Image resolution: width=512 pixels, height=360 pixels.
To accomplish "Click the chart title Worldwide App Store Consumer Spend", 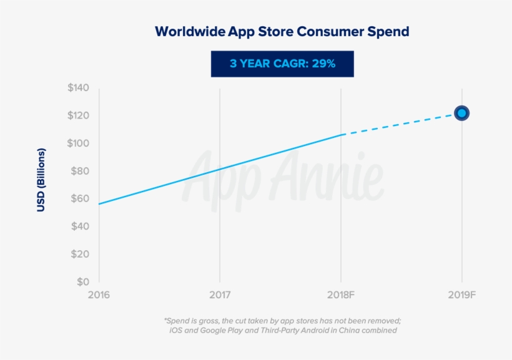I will coord(282,31).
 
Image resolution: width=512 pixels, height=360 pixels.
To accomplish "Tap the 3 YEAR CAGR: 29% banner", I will coord(282,64).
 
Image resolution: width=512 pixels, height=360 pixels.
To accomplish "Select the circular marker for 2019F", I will coord(461,113).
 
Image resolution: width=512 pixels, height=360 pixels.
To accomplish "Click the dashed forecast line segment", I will coord(400,124).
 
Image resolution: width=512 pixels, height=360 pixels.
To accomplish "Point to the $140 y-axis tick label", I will coord(79,88).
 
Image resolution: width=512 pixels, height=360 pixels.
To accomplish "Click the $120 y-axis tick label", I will coord(79,115).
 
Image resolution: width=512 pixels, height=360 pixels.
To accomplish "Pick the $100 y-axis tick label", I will coord(79,144).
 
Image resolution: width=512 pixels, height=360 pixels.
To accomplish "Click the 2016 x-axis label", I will coord(99,294).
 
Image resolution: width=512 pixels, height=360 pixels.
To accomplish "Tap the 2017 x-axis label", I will coord(220,294).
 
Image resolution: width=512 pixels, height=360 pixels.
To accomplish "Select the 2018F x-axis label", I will coord(341,294).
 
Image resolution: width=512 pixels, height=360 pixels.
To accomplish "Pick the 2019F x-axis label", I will coord(461,294).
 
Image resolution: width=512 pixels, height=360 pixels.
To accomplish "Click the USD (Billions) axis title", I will coord(41,180).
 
